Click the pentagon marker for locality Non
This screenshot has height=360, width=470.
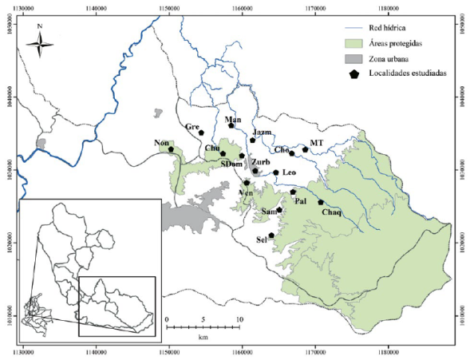171,149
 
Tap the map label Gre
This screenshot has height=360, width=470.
192,127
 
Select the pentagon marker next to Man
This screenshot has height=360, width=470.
231,125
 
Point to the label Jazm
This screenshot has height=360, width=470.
262,131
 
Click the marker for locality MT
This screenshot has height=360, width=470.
305,149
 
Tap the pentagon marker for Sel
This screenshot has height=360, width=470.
272,235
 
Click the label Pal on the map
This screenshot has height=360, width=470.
301,201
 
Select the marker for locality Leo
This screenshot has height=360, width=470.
276,172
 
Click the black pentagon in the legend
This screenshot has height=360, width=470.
352,73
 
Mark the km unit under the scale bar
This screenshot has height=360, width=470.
203,338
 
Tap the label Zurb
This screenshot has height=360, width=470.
261,161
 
